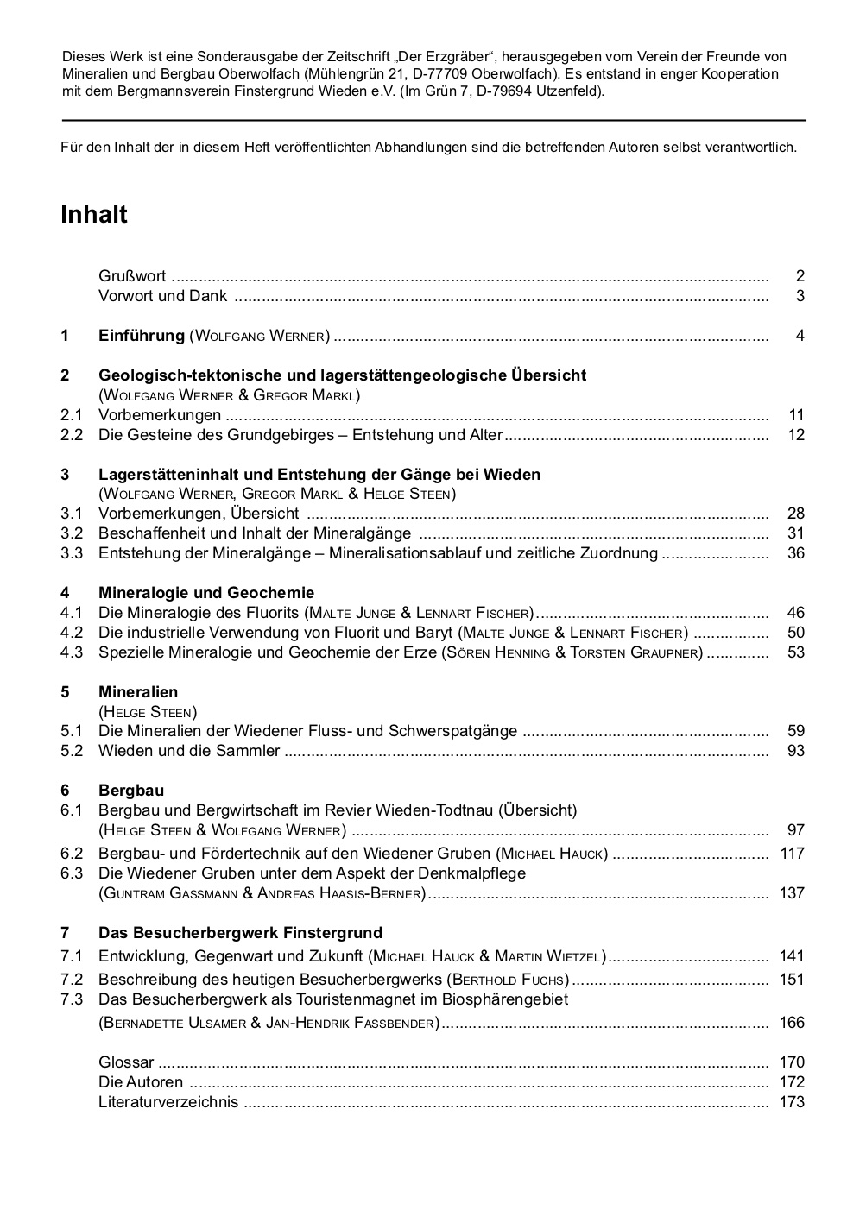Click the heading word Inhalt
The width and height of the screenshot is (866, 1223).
pyautogui.click(x=94, y=215)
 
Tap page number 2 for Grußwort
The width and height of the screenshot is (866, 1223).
pyautogui.click(x=800, y=276)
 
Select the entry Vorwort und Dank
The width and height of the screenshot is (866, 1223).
pyautogui.click(x=163, y=296)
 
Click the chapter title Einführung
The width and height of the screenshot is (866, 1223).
pyautogui.click(x=142, y=336)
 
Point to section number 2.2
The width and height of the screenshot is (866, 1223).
pyautogui.click(x=72, y=435)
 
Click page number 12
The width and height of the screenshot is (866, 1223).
pyautogui.click(x=796, y=435)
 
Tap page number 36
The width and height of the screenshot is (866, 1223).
pyautogui.click(x=796, y=553)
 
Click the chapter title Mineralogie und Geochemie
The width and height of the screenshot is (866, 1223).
pyautogui.click(x=206, y=593)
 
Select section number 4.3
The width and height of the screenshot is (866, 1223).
pyautogui.click(x=72, y=652)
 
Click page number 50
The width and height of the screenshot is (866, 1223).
pyautogui.click(x=796, y=633)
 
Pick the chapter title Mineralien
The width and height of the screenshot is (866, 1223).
pyautogui.click(x=138, y=692)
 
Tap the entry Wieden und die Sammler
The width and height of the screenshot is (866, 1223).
pyautogui.click(x=189, y=751)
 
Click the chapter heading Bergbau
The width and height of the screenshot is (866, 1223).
pyautogui.click(x=131, y=791)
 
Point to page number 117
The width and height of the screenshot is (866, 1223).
pyautogui.click(x=792, y=854)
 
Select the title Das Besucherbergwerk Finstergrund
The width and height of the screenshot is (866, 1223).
pyautogui.click(x=240, y=933)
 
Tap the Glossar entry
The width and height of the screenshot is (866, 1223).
pyautogui.click(x=126, y=1062)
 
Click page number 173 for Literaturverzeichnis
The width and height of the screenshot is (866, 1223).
pyautogui.click(x=792, y=1102)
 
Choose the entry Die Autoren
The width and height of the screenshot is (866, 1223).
pyautogui.click(x=141, y=1082)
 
